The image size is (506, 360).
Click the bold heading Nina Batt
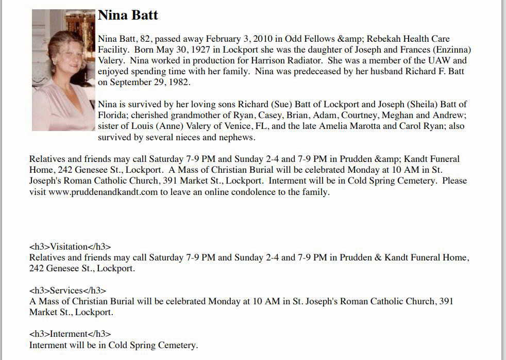128,15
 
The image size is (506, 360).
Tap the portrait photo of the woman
63,70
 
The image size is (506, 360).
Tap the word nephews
237,137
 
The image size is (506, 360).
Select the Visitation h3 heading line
70,247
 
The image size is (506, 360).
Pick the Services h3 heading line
68,290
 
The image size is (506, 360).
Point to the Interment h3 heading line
70,334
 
